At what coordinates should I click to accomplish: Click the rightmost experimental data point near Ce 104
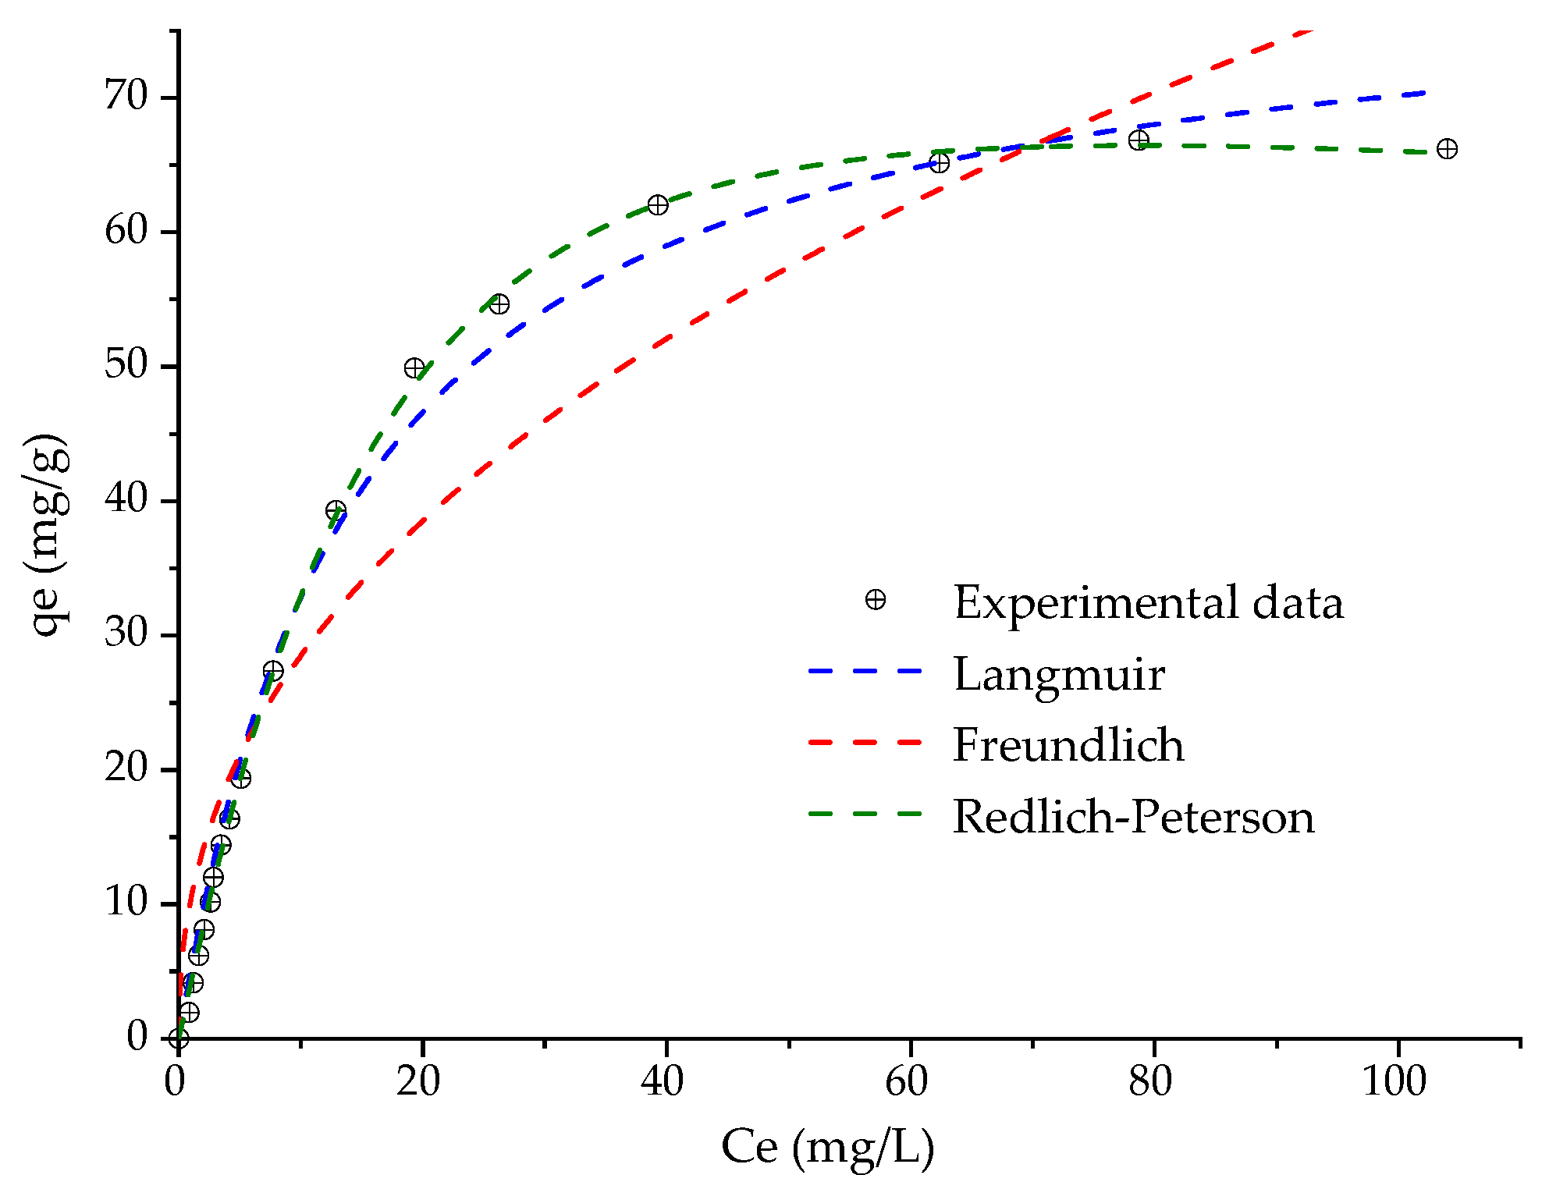(1447, 148)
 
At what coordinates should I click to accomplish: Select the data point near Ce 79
(1139, 140)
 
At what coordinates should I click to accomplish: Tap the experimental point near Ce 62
(940, 162)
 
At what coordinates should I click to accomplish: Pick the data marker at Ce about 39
(658, 204)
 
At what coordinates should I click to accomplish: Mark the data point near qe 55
(499, 303)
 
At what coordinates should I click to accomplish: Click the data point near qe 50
(414, 367)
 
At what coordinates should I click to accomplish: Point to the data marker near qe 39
(336, 511)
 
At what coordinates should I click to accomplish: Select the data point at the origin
(179, 1038)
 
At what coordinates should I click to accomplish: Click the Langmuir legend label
(1059, 674)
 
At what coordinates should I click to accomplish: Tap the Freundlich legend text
(1068, 744)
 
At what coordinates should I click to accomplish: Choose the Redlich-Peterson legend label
(1133, 816)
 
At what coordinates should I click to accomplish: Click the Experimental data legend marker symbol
(876, 599)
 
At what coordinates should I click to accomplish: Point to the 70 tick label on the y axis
(126, 97)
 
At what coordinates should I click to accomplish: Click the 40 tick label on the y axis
(126, 499)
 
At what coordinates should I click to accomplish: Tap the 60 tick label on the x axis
(907, 1081)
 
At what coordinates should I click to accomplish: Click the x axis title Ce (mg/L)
(827, 1146)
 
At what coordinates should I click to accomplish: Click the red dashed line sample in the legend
(865, 743)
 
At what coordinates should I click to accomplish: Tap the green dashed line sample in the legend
(865, 814)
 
